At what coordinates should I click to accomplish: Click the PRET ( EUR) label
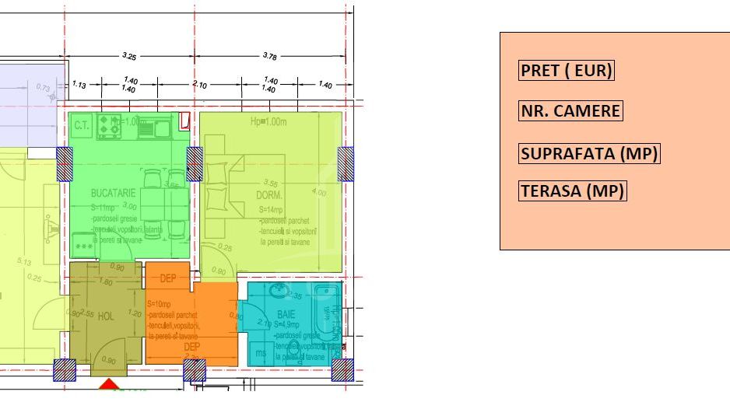(566, 71)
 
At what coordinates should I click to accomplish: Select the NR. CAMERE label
(570, 111)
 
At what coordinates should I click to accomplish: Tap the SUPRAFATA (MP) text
(589, 154)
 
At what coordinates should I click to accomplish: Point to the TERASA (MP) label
(572, 191)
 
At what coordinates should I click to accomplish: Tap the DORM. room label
(269, 195)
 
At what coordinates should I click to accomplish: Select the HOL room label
(106, 316)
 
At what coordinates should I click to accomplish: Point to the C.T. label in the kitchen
(82, 124)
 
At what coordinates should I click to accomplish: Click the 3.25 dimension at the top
(129, 56)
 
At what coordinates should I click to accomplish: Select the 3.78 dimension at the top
(270, 56)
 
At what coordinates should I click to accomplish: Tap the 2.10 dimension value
(199, 85)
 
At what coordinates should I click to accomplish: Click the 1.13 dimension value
(79, 84)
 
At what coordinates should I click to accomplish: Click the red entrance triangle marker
(110, 384)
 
